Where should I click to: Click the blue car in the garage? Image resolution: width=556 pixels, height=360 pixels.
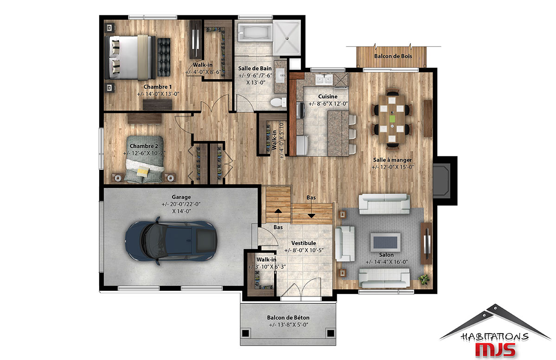pyautogui.click(x=171, y=241)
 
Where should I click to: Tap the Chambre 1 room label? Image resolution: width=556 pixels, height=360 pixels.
pyautogui.click(x=158, y=87)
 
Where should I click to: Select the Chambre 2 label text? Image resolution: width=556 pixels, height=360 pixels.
pyautogui.click(x=144, y=146)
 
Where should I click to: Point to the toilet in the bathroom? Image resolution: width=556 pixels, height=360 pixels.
pyautogui.click(x=278, y=102)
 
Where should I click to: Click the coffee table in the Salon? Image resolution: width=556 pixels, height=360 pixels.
pyautogui.click(x=385, y=242)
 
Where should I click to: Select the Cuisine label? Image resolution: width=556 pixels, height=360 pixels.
pyautogui.click(x=328, y=96)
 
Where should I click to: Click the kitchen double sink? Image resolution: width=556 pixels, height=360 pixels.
pyautogui.click(x=324, y=79)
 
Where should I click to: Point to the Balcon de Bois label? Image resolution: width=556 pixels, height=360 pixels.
pyautogui.click(x=393, y=56)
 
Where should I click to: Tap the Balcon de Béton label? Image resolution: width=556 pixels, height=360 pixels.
pyautogui.click(x=288, y=318)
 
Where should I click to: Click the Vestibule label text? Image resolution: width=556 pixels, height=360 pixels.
pyautogui.click(x=304, y=243)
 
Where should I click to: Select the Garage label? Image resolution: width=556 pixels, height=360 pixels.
pyautogui.click(x=181, y=197)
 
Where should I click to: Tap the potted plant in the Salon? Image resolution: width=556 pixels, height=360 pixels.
pyautogui.click(x=423, y=279)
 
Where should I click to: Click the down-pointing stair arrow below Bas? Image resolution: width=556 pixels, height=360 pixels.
pyautogui.click(x=311, y=216)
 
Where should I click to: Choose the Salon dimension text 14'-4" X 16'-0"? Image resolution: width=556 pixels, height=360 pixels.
pyautogui.click(x=387, y=262)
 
